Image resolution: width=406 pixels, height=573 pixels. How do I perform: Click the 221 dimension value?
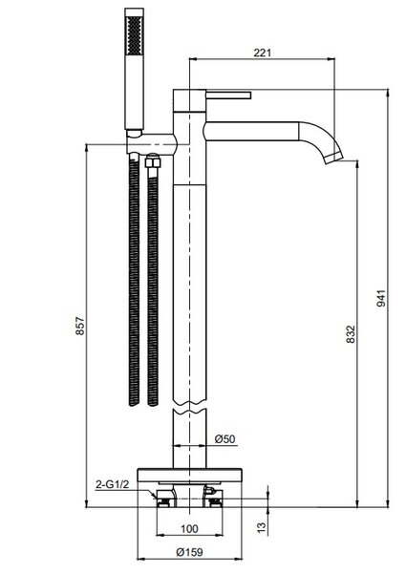coord(263,53)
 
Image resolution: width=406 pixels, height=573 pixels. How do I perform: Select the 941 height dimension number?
coord(381,298)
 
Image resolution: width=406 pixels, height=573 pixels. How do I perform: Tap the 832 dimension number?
coord(351,334)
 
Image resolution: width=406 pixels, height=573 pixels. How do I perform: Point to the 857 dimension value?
coord(80,327)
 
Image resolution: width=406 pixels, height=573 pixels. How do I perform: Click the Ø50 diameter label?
coord(225,438)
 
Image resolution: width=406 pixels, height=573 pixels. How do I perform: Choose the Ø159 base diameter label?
coord(189,552)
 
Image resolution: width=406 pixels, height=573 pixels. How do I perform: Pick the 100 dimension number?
coord(189,529)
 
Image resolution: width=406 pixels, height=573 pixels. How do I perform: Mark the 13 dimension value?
coord(262,527)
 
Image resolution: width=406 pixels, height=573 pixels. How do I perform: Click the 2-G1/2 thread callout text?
coord(112,484)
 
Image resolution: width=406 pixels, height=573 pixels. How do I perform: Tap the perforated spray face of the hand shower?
coord(134,36)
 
